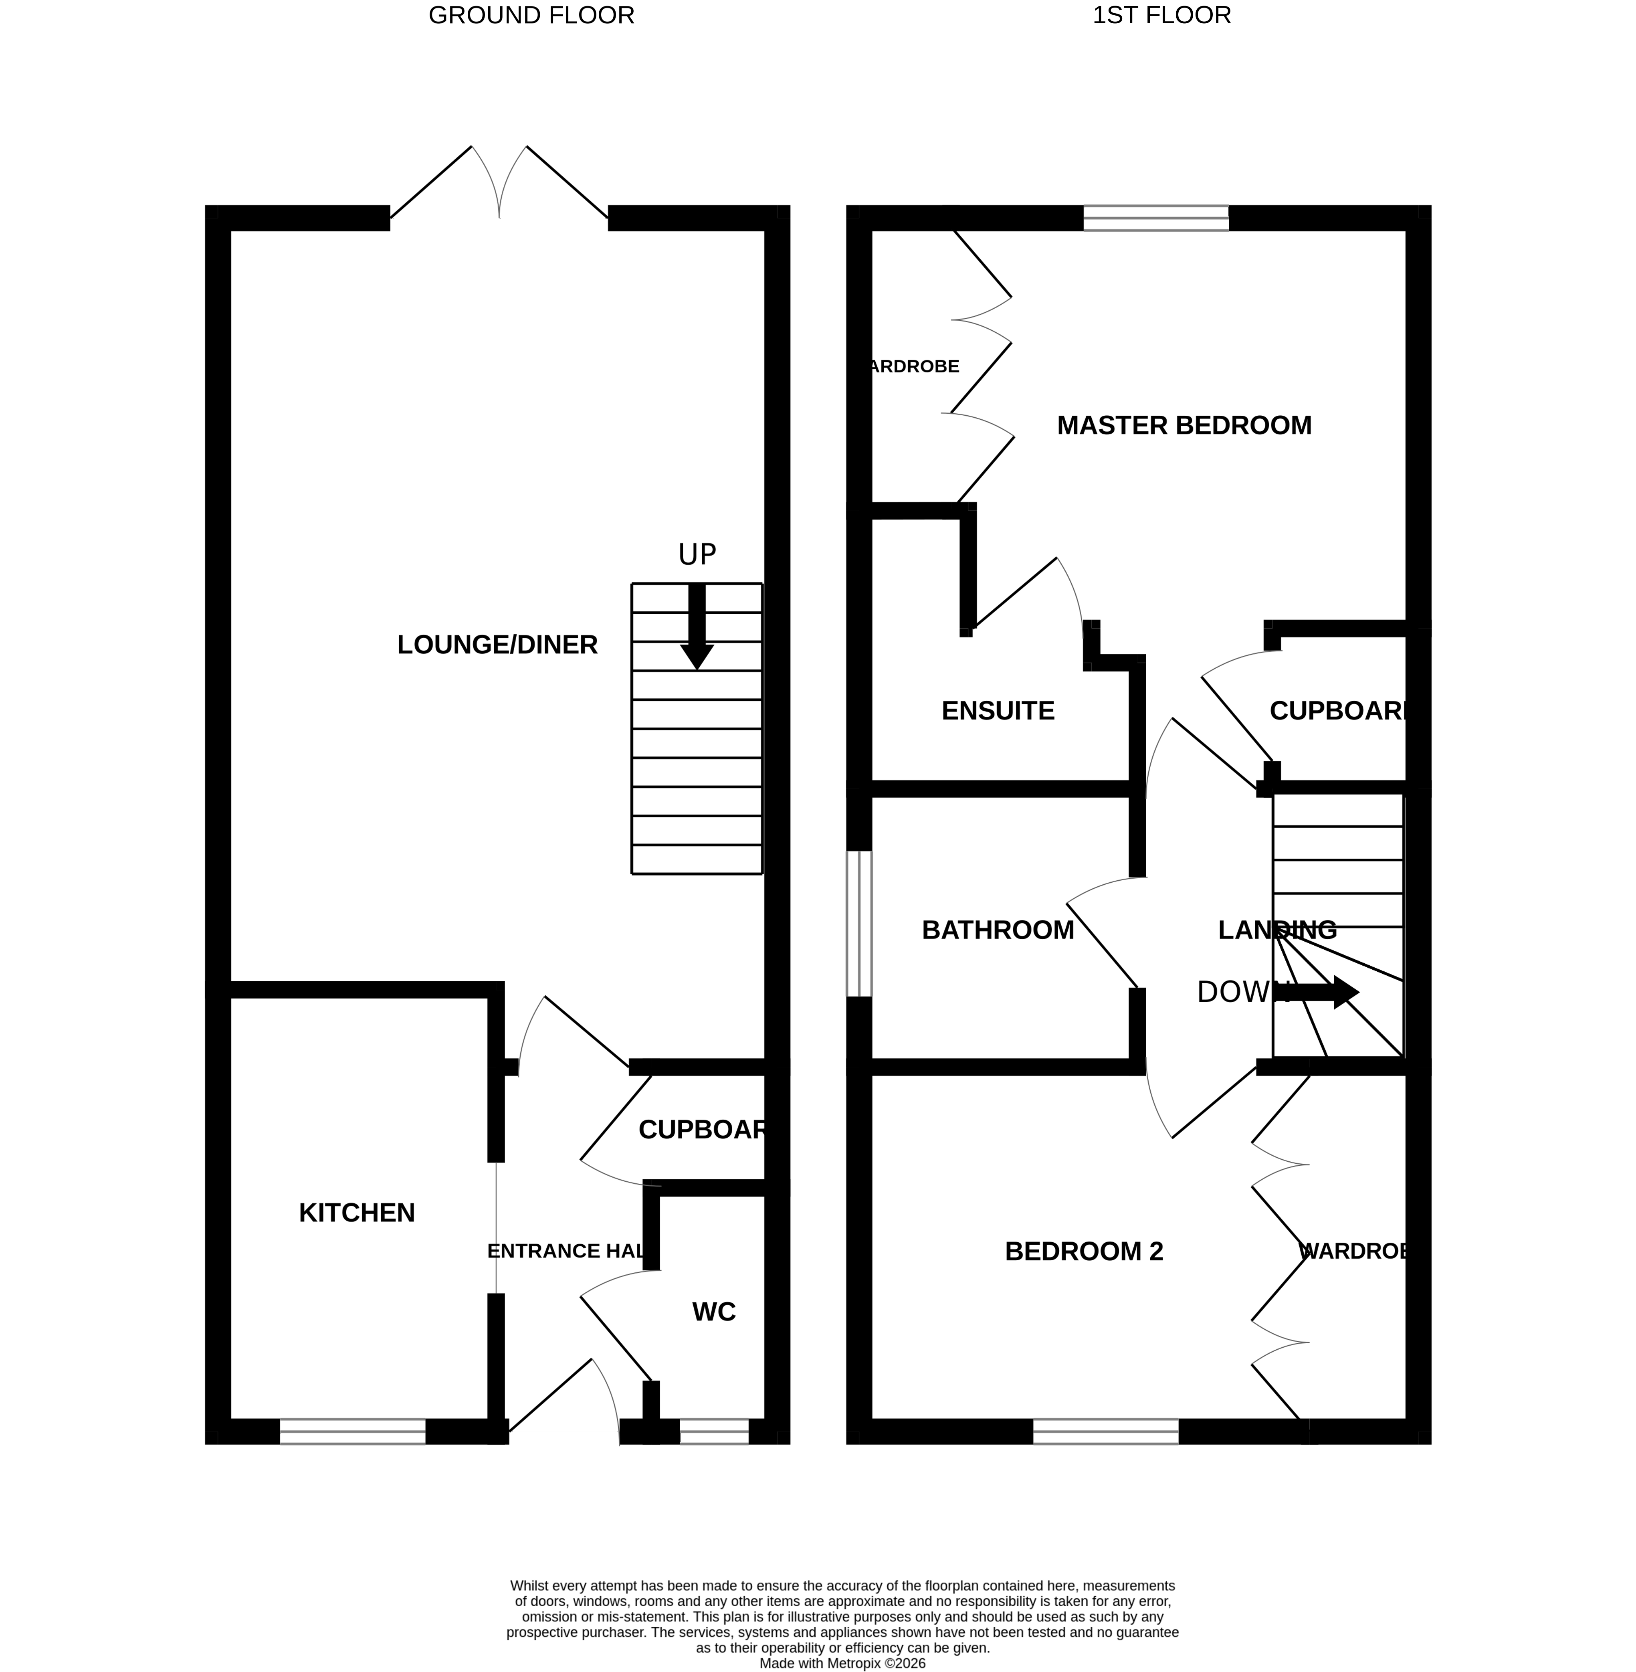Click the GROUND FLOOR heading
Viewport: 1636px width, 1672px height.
531,16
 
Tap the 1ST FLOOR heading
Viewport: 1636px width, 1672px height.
1162,16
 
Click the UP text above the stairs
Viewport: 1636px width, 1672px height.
697,555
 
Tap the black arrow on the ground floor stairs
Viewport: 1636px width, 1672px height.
697,627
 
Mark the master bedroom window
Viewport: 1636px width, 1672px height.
1156,218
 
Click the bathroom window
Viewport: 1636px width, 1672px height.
859,924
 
